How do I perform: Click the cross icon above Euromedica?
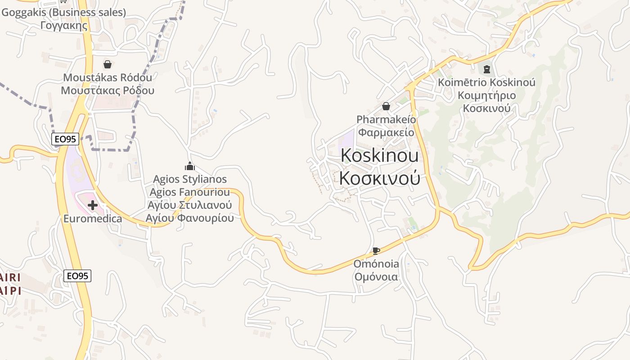pos(93,205)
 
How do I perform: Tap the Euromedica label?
pos(93,219)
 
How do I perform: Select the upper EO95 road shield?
pos(66,139)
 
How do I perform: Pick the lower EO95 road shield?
pos(77,276)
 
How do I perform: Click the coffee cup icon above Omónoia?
pos(376,251)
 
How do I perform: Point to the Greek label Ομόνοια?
pos(376,276)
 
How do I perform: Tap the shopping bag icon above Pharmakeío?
pos(386,106)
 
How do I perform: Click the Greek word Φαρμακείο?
pos(386,132)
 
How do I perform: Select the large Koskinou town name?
pos(380,155)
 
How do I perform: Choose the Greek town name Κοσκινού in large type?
pos(380,178)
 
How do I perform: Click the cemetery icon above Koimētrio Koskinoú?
pos(486,69)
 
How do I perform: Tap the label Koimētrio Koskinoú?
pos(486,82)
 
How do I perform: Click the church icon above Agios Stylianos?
pos(190,166)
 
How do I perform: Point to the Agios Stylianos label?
pos(190,179)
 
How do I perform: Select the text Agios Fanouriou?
pos(190,192)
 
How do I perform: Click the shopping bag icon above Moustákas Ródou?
pos(108,64)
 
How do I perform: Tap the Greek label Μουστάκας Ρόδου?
pos(108,90)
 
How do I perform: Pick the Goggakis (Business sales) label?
pos(64,13)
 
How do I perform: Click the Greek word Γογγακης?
pos(64,25)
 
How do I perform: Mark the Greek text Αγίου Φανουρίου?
pos(190,218)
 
